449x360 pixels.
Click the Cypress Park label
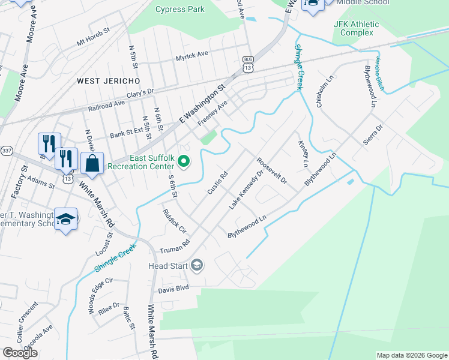(180, 9)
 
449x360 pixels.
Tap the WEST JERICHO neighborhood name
(108, 80)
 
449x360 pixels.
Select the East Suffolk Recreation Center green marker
(184, 161)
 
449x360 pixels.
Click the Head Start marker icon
(197, 265)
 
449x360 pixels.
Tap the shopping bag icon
(92, 164)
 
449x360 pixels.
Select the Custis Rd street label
(217, 183)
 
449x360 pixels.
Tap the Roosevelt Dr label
(272, 171)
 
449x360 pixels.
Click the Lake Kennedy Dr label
(246, 190)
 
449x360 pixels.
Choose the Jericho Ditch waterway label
(379, 71)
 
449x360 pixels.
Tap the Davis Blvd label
(173, 289)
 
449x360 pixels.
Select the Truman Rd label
(175, 246)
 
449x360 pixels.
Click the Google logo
(20, 353)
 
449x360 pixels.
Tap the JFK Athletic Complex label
(357, 28)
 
